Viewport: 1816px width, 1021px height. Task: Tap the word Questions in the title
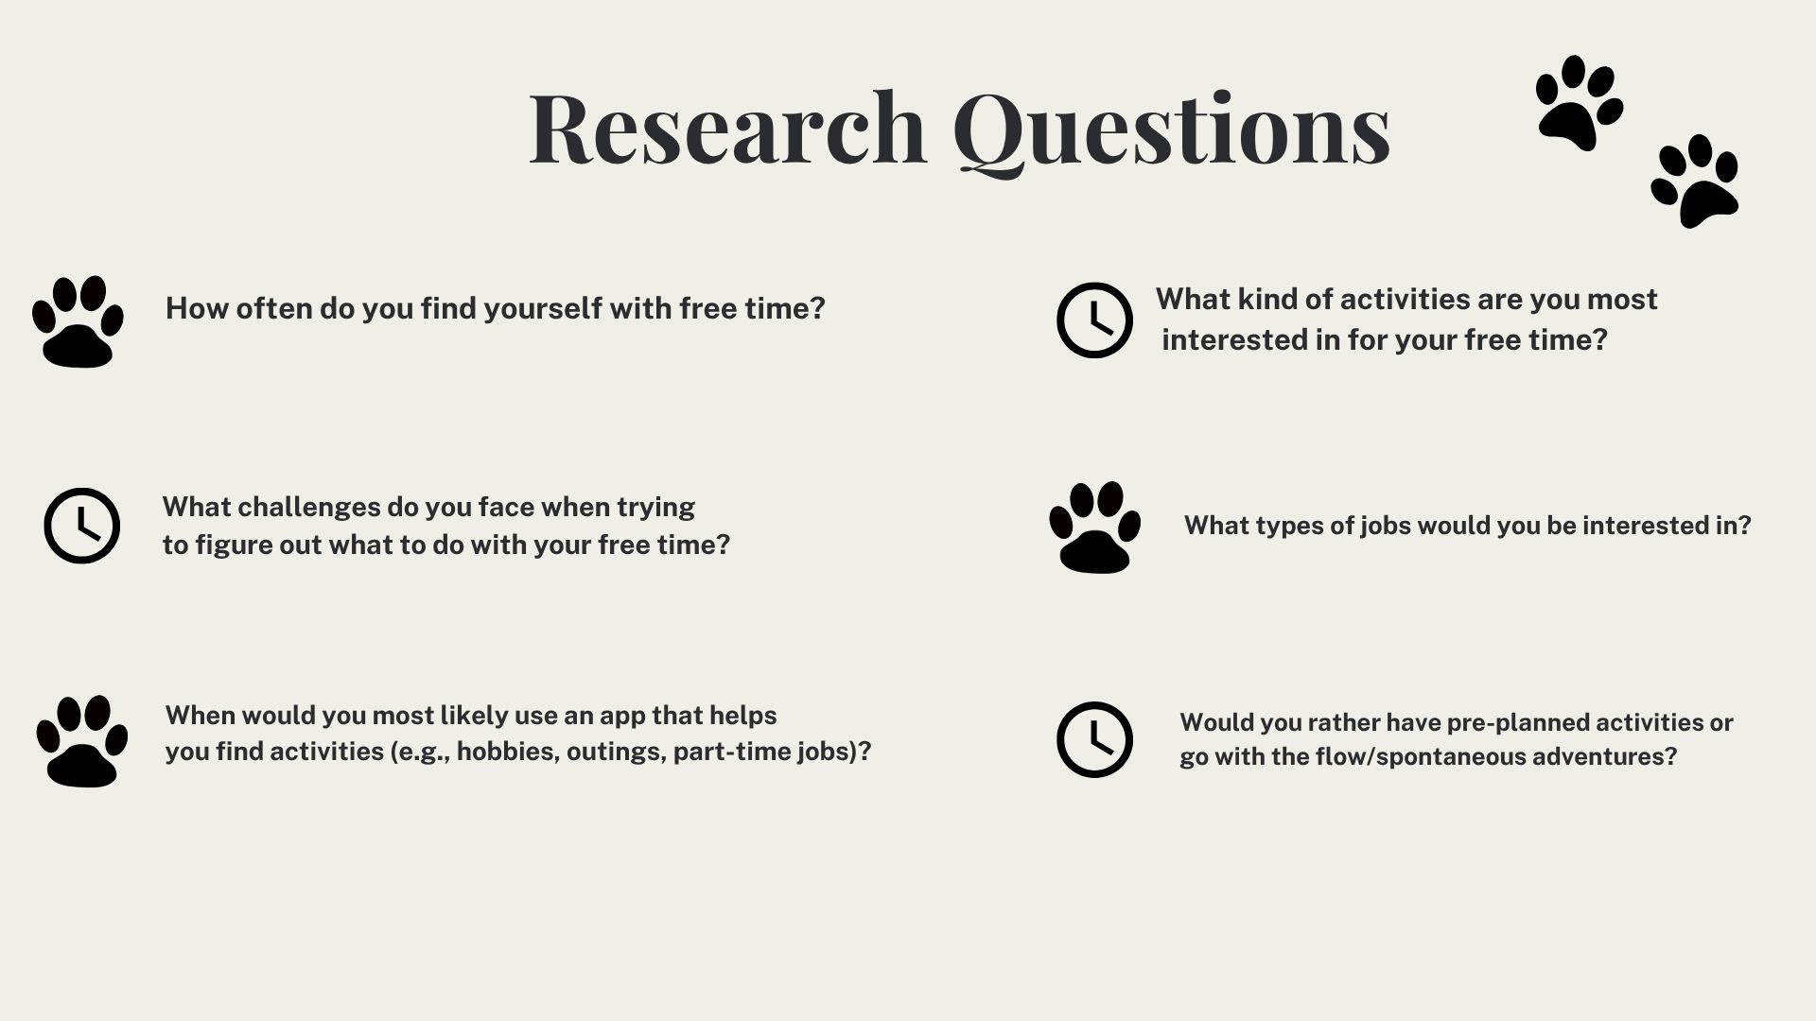click(1172, 132)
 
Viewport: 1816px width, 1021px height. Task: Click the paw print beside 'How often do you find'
click(78, 321)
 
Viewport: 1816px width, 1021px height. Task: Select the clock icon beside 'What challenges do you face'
click(82, 526)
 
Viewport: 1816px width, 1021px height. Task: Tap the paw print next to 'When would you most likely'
click(82, 741)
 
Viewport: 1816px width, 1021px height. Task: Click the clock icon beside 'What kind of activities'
click(1094, 320)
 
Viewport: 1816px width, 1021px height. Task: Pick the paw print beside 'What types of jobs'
click(1094, 528)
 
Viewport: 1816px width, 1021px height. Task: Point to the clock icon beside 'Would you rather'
click(1094, 739)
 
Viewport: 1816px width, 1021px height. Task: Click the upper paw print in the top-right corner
click(1580, 102)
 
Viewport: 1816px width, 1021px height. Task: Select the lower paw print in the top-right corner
click(1695, 181)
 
